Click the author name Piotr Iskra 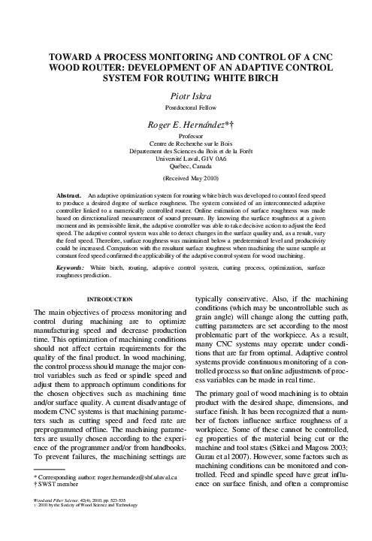[186, 95]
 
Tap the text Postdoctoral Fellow [186, 107]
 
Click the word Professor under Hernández [186, 137]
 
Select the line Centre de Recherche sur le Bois [186, 144]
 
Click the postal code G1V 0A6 [210, 159]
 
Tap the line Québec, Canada [186, 168]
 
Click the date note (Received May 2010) [186, 180]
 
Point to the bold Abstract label [70, 195]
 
